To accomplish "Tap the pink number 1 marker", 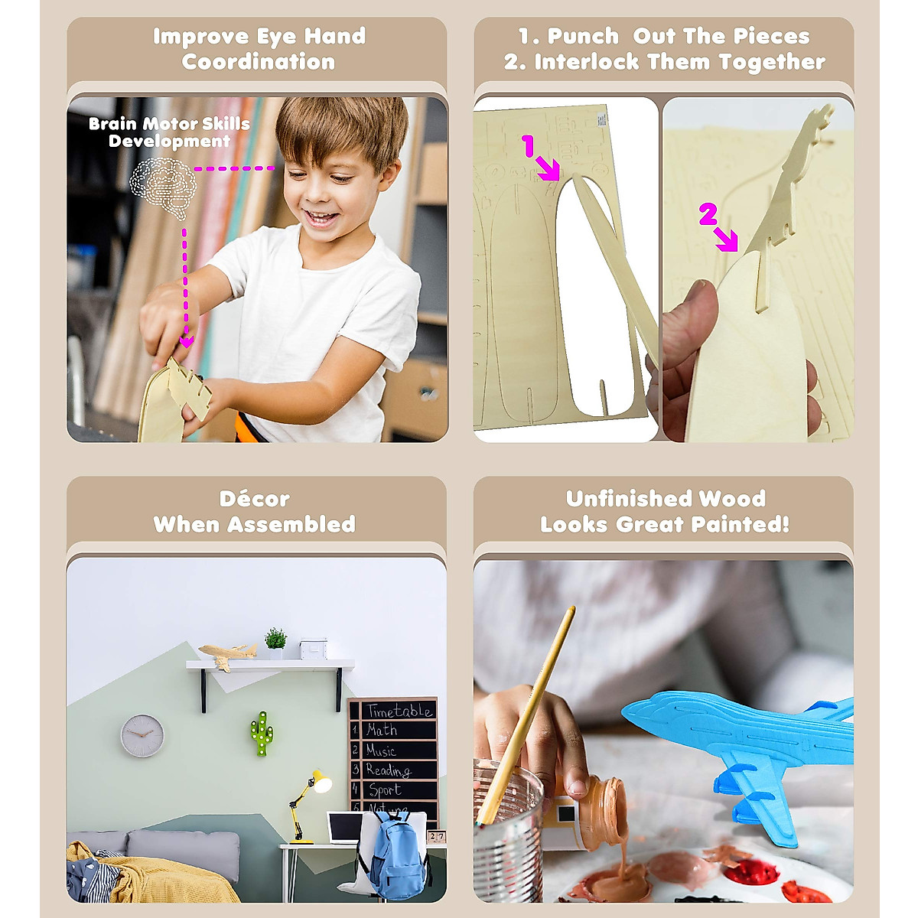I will pyautogui.click(x=528, y=146).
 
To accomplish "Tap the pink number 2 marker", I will pyautogui.click(x=707, y=216).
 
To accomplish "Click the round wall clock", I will pyautogui.click(x=142, y=735).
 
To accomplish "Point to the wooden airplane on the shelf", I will pyautogui.click(x=227, y=655).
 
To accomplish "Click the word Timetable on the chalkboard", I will pyautogui.click(x=398, y=711).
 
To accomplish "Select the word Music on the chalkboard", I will pyautogui.click(x=380, y=750).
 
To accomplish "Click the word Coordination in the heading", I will pyautogui.click(x=258, y=62).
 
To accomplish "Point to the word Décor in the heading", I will pyautogui.click(x=254, y=499).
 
